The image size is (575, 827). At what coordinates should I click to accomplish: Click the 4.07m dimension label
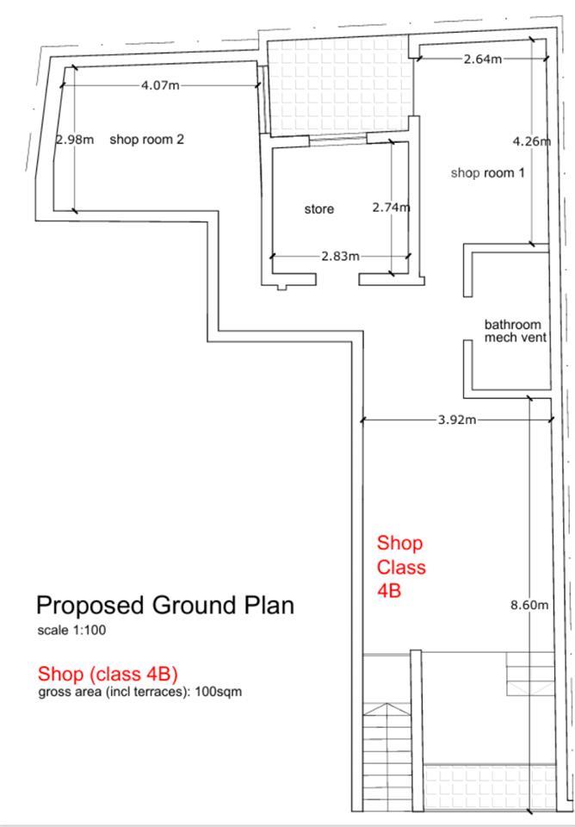coord(160,85)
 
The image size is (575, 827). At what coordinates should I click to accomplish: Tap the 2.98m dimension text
coord(75,140)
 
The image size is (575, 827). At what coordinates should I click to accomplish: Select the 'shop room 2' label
coord(146,140)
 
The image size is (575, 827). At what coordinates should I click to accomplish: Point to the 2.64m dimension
coord(483,59)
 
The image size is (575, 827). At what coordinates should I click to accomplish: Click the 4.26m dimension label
coord(532,140)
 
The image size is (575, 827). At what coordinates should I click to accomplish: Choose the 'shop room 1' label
coord(487,173)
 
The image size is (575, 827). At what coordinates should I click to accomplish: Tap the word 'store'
coord(318,209)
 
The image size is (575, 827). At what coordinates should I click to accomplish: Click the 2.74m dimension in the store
coord(391,208)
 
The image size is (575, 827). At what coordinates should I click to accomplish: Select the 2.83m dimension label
coord(341,257)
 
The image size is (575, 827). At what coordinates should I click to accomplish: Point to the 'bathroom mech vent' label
coord(512,331)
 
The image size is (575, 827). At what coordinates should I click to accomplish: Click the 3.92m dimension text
coord(457,420)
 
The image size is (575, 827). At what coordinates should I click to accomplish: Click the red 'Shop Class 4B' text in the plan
coord(401,567)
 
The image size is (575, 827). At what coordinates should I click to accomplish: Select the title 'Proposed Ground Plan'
coord(165,605)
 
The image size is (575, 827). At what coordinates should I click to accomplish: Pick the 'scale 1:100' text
coord(71,630)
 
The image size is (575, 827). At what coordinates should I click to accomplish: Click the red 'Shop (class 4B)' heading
coord(108,674)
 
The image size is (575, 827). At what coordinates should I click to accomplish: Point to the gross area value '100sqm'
coord(219,692)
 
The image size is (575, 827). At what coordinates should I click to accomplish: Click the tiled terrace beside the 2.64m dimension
coord(340,85)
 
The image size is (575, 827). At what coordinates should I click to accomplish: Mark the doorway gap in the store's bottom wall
coord(337,279)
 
